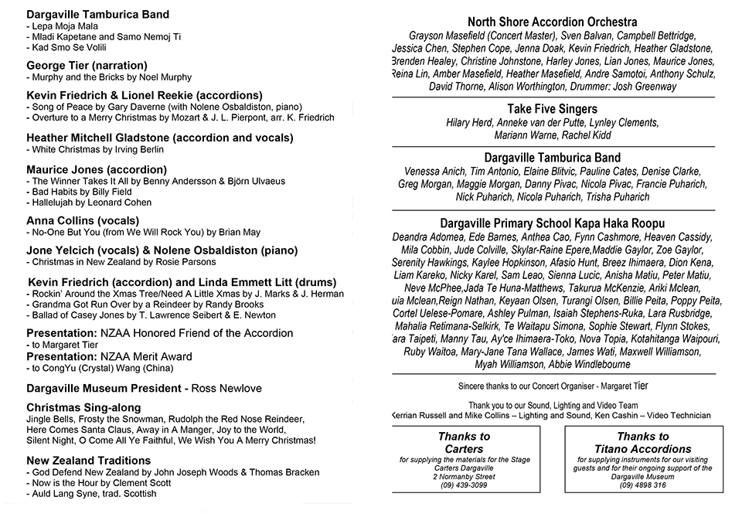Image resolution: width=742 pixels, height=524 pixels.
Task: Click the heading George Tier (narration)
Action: (87, 66)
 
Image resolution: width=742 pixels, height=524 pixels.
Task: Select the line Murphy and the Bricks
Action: (109, 78)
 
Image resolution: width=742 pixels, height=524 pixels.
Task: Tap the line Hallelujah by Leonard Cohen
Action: (91, 202)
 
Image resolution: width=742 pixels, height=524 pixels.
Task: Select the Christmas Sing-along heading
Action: (83, 407)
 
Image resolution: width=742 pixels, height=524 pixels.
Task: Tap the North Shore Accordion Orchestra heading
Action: (552, 22)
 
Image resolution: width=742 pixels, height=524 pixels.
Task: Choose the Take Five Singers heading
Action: (552, 109)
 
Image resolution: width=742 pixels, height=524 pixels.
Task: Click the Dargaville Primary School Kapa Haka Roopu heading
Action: (552, 223)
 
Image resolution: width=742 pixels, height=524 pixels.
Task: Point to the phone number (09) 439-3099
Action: (464, 485)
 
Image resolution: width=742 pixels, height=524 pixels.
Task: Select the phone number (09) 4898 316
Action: (642, 485)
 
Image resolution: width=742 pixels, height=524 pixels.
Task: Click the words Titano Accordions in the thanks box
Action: (642, 448)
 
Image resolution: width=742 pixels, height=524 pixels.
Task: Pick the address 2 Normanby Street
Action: (464, 476)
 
